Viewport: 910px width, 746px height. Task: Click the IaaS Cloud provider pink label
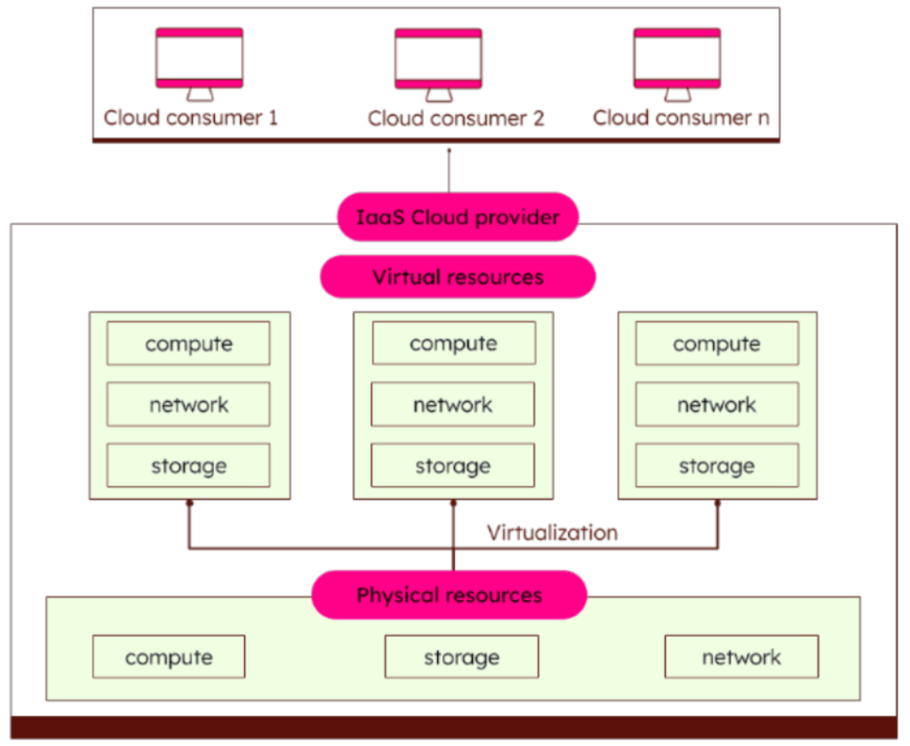click(458, 217)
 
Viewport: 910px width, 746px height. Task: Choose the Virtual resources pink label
click(458, 277)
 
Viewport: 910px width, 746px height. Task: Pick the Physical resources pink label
click(449, 595)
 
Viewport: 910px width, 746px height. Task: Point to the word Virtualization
click(552, 533)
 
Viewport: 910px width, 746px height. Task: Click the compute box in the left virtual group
click(188, 343)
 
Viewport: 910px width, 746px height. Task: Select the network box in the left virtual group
click(188, 405)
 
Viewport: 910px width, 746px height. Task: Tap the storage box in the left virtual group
click(188, 465)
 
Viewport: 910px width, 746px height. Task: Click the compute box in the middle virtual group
click(453, 343)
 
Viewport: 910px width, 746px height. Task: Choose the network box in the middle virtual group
click(453, 405)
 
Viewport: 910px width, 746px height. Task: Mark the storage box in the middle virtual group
click(453, 465)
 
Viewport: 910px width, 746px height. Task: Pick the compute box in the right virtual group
click(716, 343)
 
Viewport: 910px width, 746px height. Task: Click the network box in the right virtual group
click(716, 405)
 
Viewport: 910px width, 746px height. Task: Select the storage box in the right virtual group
click(716, 465)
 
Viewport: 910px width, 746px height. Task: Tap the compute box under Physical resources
click(169, 657)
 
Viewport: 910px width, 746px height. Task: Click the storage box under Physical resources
click(461, 657)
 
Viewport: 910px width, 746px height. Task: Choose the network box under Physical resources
click(741, 657)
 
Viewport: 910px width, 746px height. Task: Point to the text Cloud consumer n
click(682, 117)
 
